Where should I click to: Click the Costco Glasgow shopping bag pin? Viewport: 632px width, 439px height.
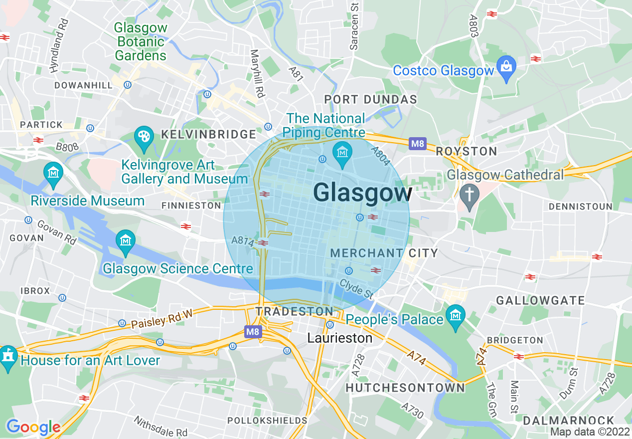click(x=506, y=66)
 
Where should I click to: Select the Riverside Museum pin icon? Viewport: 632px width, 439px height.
click(x=53, y=172)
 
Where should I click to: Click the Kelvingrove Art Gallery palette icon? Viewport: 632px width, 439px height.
click(x=144, y=136)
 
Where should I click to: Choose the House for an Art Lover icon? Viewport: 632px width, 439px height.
click(x=7, y=356)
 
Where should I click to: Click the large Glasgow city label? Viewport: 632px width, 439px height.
click(x=363, y=193)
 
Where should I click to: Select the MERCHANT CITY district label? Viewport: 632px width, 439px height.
click(x=384, y=253)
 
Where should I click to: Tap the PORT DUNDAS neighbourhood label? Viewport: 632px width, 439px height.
click(x=370, y=99)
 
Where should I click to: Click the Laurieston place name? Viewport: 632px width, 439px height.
click(x=340, y=338)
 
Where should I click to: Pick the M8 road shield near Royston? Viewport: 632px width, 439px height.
click(x=417, y=144)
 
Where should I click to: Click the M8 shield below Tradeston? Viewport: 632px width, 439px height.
click(x=253, y=331)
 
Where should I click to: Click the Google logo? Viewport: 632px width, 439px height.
click(x=33, y=427)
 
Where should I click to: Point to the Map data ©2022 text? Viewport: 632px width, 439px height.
click(x=590, y=432)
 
